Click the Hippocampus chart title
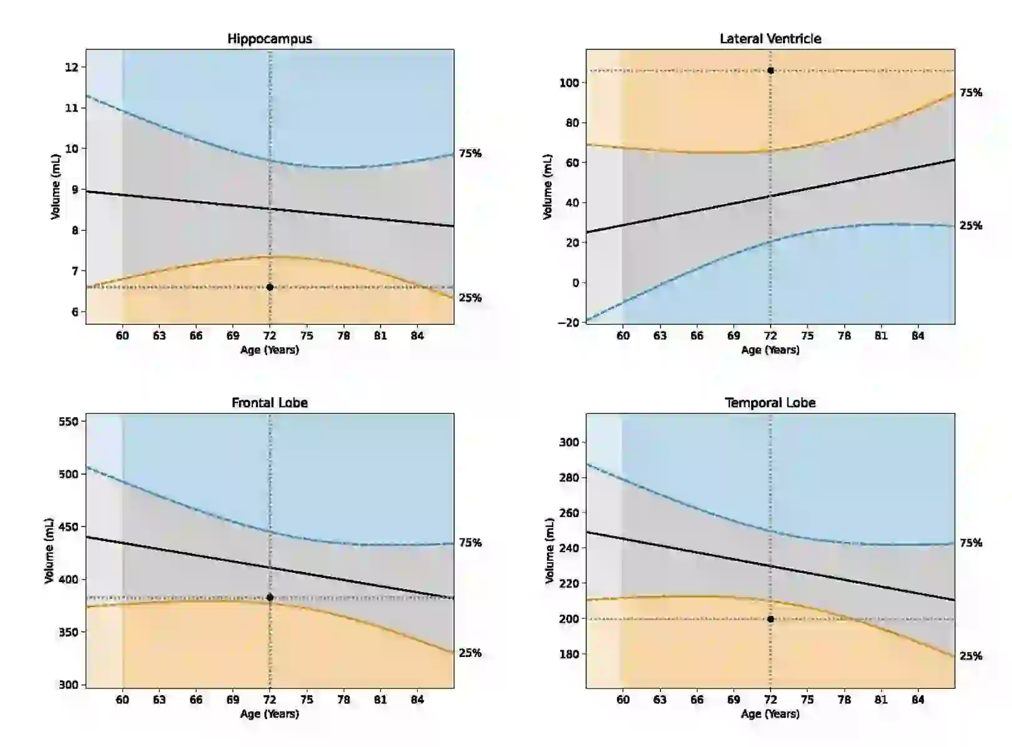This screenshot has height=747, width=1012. point(270,39)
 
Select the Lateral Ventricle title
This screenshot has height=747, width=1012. point(770,39)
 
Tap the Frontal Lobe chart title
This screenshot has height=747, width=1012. point(270,403)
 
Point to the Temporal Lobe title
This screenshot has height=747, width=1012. point(770,403)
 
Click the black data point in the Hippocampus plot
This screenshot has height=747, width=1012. point(270,287)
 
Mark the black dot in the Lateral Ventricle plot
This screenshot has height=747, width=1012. point(770,71)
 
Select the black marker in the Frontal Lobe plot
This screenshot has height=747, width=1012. point(270,598)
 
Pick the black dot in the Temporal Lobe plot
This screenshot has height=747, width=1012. point(770,619)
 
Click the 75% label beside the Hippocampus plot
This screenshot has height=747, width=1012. point(470,154)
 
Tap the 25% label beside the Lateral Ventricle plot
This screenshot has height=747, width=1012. point(971,226)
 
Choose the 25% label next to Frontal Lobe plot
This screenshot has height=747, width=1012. point(470,653)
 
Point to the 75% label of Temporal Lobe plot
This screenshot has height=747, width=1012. point(971,543)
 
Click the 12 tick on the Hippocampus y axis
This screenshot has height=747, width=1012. point(72,67)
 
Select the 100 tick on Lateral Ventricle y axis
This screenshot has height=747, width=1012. point(569,83)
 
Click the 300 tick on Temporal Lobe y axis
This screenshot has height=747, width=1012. point(569,442)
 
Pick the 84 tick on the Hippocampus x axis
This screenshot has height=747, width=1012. point(417,336)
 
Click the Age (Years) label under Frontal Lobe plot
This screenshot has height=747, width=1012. point(270,714)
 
